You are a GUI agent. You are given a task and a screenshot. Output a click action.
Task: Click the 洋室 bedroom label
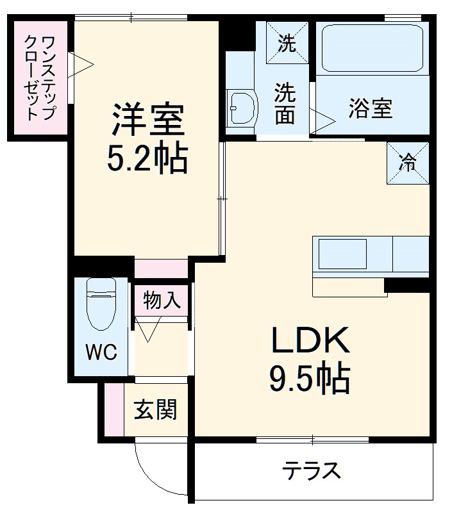coord(148,120)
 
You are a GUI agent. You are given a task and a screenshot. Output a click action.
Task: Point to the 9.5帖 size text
coord(310,379)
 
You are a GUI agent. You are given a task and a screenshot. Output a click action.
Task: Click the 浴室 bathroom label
coord(371,109)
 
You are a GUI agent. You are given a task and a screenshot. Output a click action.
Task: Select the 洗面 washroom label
coord(285,103)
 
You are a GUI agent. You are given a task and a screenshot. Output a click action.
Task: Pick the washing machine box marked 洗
coord(287,44)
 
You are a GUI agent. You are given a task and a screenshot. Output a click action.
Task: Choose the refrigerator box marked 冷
coord(406,163)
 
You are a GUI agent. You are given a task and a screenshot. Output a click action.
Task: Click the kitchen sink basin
coord(343,254)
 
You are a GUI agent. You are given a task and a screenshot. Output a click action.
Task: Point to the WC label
coord(101,352)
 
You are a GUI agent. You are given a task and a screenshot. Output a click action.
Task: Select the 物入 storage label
coord(162,301)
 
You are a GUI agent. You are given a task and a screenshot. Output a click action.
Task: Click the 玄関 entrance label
coord(155,409)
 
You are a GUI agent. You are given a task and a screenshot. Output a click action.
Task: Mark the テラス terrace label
coord(312,472)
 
